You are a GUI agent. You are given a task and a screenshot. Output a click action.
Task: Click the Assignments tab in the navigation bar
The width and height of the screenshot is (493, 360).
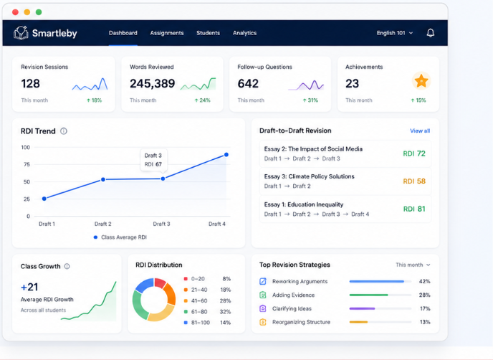167,33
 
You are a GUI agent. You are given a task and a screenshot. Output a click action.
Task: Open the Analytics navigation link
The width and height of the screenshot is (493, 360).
244,33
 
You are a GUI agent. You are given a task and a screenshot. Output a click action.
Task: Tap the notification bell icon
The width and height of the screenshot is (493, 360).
431,33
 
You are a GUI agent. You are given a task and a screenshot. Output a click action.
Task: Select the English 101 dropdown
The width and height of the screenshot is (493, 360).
395,33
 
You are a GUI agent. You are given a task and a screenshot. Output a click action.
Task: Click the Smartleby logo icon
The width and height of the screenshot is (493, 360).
21,33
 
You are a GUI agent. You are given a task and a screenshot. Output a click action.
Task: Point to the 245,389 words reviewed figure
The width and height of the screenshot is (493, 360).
152,83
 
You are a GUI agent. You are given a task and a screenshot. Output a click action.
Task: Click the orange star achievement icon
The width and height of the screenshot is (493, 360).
421,81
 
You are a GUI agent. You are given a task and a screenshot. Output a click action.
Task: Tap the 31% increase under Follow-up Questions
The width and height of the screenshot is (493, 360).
310,100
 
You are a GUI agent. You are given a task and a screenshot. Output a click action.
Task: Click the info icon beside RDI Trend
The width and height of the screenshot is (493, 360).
64,131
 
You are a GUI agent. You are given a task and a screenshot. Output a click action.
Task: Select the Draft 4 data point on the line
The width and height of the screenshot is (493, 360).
226,154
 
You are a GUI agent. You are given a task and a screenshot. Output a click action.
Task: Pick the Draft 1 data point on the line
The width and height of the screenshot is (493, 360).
44,199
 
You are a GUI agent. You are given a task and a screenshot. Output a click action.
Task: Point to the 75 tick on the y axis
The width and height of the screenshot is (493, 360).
27,164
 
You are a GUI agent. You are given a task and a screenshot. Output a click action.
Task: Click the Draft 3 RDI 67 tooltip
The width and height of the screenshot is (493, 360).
153,160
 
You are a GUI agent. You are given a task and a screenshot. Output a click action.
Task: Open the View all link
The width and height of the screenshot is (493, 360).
420,131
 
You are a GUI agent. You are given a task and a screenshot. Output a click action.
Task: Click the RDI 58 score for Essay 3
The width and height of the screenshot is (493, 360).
414,181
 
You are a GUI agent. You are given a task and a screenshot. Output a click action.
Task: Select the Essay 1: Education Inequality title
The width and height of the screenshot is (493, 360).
303,204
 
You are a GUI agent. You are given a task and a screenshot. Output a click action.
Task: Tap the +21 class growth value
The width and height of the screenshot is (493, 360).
29,287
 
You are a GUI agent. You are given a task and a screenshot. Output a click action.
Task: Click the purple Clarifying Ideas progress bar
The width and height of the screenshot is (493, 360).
362,308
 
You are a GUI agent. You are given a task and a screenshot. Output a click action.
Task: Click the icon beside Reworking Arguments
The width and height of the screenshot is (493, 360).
263,281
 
